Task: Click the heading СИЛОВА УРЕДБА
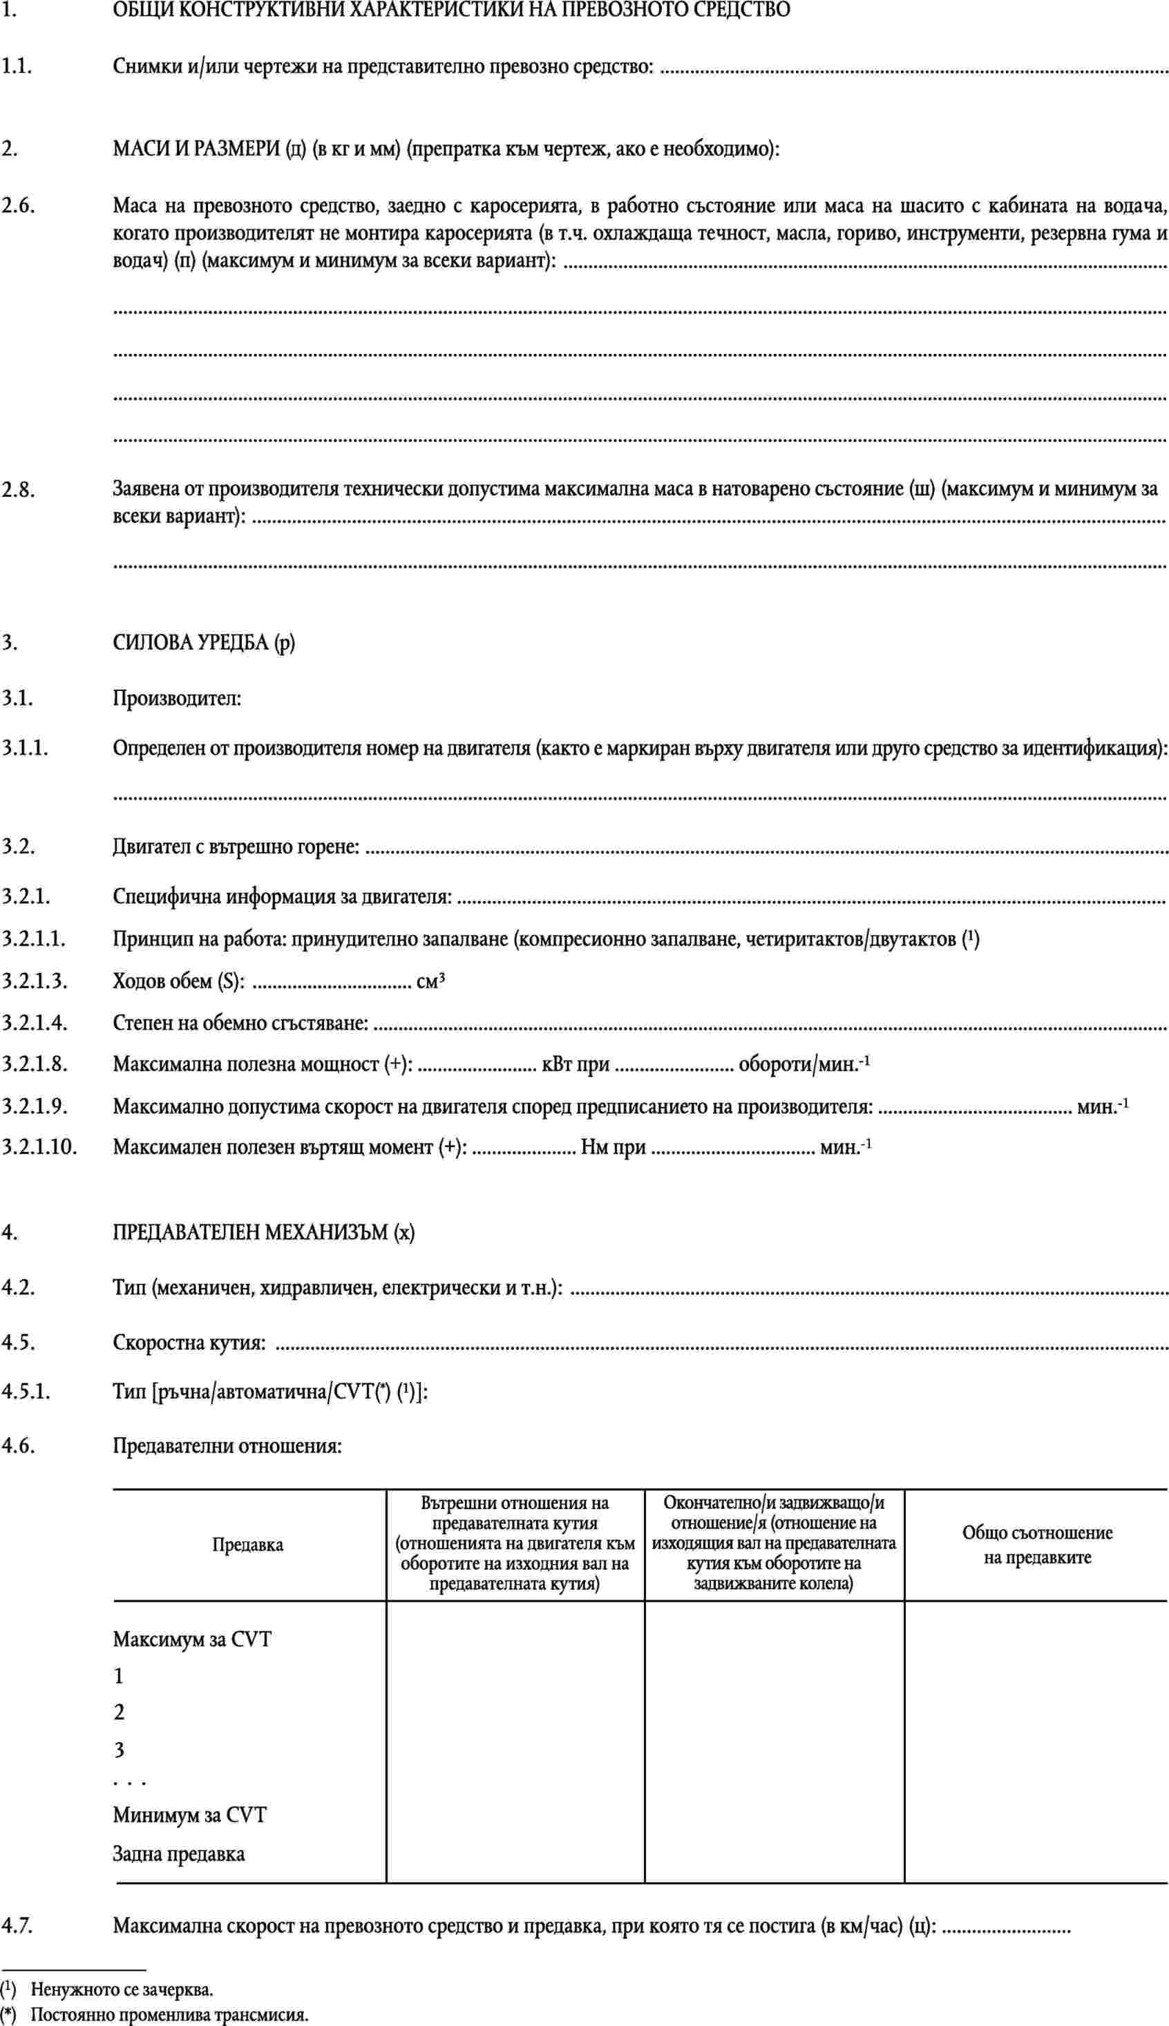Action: tap(192, 643)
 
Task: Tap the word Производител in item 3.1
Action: tap(177, 698)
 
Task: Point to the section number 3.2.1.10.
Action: tap(39, 1146)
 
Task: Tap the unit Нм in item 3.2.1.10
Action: tap(594, 1146)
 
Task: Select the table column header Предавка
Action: tap(248, 1545)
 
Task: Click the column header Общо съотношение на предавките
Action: tap(1036, 1545)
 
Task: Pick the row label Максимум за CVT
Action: tap(192, 1639)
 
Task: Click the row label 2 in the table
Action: tap(119, 1712)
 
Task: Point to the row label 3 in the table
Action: tap(119, 1748)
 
